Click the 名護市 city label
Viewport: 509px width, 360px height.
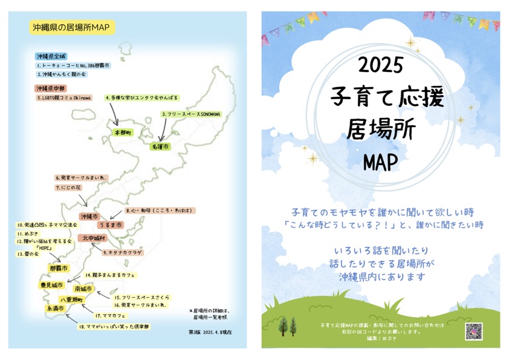160,146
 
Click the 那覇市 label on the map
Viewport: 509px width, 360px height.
59,267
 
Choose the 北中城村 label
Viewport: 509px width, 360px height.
94,238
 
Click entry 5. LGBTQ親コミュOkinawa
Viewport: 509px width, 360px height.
64,97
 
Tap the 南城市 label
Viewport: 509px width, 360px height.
83,289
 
